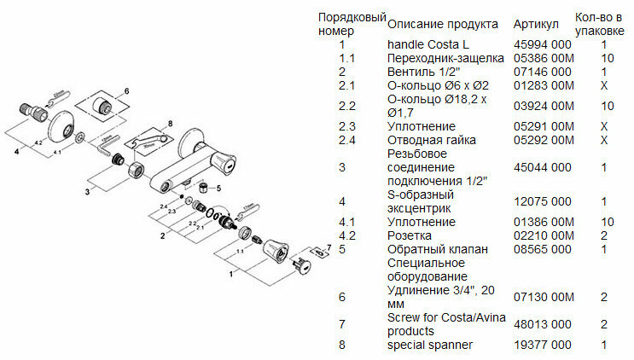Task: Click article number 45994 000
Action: point(542,44)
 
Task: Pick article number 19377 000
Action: point(542,345)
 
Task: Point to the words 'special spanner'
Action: point(429,345)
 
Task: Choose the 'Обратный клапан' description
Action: point(438,249)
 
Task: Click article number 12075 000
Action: point(542,201)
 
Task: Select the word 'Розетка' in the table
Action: point(410,235)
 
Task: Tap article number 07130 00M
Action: point(544,297)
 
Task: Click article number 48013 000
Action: point(542,324)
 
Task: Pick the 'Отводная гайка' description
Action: point(431,140)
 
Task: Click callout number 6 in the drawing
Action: point(125,90)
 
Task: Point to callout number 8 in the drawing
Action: point(170,124)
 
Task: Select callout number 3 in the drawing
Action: point(86,192)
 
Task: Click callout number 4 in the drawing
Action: point(15,151)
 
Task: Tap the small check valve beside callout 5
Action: point(204,187)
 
